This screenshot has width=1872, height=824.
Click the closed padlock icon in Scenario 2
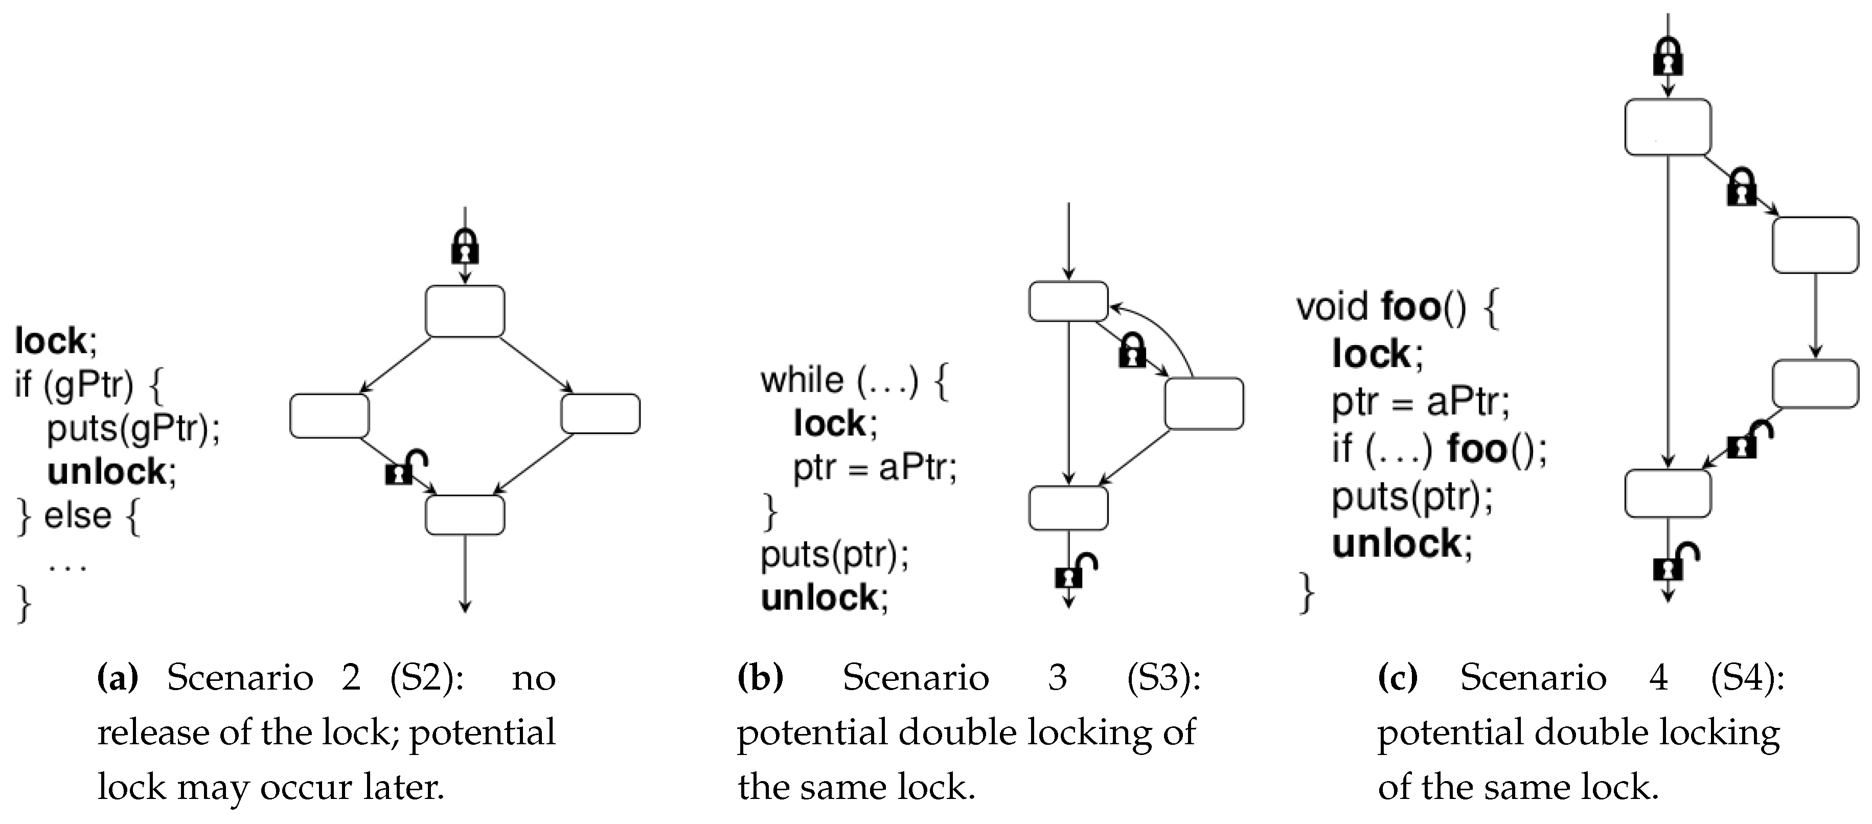tap(465, 247)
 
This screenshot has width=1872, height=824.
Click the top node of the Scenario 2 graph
tap(465, 311)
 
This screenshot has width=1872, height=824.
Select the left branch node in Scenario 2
tap(329, 416)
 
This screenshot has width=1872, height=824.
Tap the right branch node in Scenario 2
tap(600, 414)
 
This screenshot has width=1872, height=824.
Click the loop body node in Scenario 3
tap(1203, 403)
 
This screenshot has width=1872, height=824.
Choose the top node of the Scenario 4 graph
tap(1668, 127)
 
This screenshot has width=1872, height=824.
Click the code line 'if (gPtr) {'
tap(88, 384)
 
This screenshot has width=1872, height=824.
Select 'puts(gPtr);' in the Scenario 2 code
tap(133, 428)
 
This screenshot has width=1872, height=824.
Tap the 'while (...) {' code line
tap(854, 381)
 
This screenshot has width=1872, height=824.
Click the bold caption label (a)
tap(117, 678)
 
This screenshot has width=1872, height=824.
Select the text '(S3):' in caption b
tap(1163, 678)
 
